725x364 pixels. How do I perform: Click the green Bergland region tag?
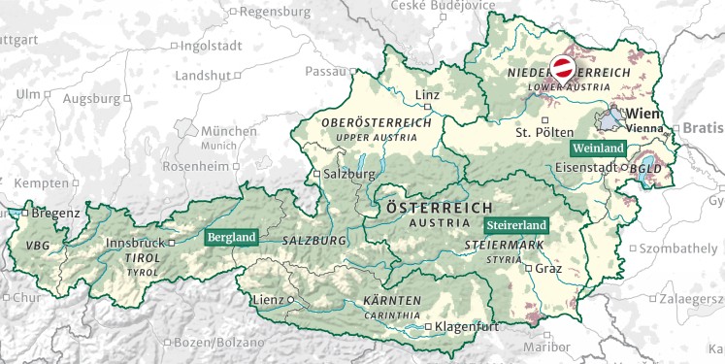[231, 236]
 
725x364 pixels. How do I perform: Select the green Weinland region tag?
[597, 149]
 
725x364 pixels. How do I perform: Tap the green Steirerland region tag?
[518, 225]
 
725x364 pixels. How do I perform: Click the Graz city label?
[548, 269]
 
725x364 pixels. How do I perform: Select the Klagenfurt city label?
[467, 327]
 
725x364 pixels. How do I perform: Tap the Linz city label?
[427, 95]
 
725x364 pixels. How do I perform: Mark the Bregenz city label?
[55, 213]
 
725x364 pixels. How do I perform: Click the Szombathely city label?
[677, 249]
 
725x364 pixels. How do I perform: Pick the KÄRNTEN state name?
[392, 300]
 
